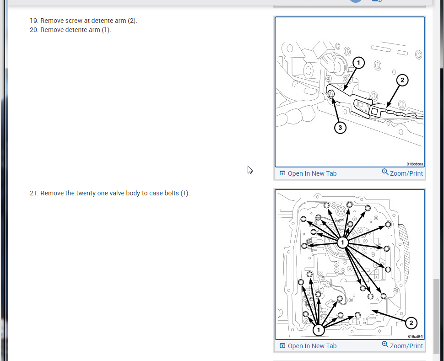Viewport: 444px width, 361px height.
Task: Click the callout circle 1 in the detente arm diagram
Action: tap(358, 63)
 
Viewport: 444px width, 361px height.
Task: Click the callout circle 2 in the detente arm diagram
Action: tap(402, 80)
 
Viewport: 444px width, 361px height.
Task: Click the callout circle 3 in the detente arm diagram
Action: tap(340, 128)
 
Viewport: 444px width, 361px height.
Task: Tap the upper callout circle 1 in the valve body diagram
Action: tap(343, 242)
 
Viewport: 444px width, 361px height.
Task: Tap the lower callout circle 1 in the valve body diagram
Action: tap(319, 330)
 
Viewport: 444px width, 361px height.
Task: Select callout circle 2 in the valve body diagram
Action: tap(411, 323)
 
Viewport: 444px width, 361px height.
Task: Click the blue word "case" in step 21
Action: tap(156, 193)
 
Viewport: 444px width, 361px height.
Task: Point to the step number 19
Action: tap(34, 21)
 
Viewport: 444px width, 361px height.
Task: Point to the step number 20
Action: tap(34, 30)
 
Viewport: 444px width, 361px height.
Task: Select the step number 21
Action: tap(34, 193)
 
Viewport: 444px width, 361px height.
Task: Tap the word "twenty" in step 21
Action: tap(86, 194)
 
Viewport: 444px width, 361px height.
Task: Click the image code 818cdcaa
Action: tap(415, 164)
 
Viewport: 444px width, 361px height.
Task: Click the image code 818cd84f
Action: tap(416, 336)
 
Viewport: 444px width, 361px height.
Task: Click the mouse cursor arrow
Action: tap(250, 170)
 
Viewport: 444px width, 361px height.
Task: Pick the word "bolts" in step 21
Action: tap(172, 193)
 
